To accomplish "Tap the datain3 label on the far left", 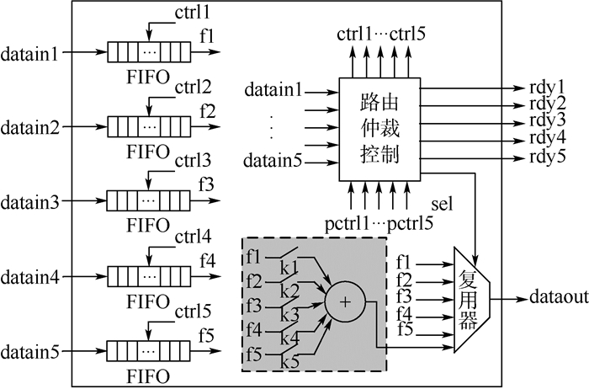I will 29,202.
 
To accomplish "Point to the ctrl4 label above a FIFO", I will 192,235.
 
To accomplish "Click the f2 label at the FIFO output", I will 207,109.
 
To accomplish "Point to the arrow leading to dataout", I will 508,298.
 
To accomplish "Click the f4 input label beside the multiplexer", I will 404,316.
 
